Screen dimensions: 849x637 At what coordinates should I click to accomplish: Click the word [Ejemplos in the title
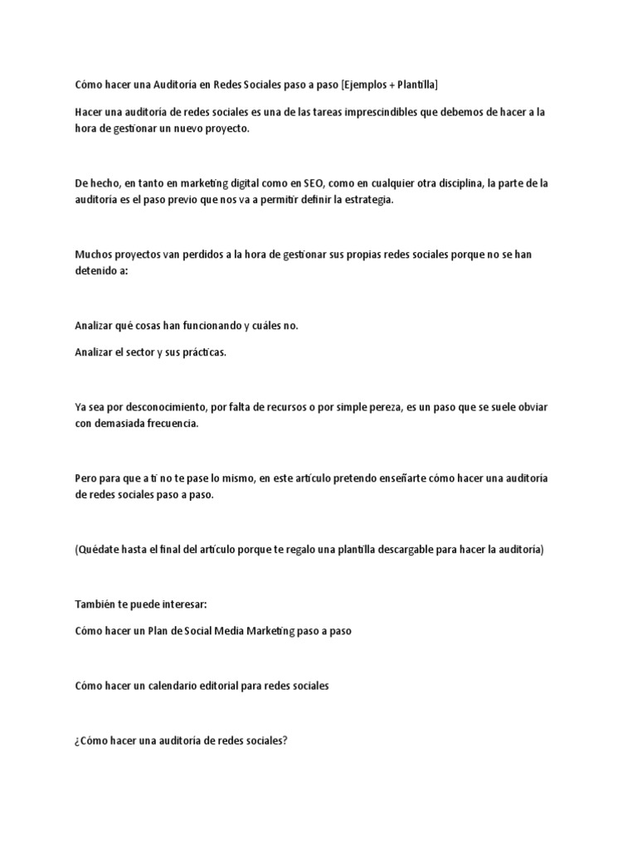(366, 85)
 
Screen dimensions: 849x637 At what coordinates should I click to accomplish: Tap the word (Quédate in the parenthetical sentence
(97, 550)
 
